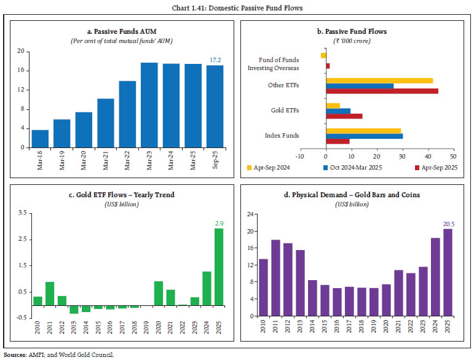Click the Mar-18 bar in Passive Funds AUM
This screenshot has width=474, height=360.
pyautogui.click(x=40, y=139)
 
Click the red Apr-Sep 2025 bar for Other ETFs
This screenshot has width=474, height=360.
pyautogui.click(x=382, y=91)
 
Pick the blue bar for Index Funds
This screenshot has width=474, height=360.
pyautogui.click(x=365, y=136)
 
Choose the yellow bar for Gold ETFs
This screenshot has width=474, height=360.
pyautogui.click(x=333, y=106)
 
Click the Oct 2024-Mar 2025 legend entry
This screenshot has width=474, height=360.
pyautogui.click(x=349, y=167)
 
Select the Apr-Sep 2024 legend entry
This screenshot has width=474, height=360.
pyautogui.click(x=268, y=167)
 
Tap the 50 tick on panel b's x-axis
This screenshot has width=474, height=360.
pyautogui.click(x=453, y=157)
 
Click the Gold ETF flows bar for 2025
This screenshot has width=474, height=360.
pyautogui.click(x=218, y=267)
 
